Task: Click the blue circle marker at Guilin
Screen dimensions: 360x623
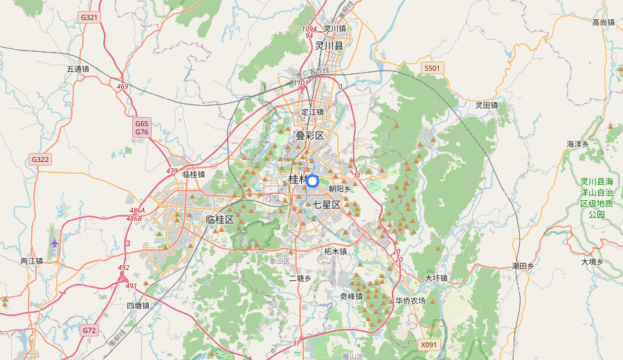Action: click(x=311, y=181)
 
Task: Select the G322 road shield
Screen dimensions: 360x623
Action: click(x=40, y=159)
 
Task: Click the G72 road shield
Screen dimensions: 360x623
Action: click(x=89, y=330)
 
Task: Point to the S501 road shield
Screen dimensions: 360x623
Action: click(x=432, y=68)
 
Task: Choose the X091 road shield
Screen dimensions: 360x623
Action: click(x=429, y=344)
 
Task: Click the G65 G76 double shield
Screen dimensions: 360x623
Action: click(x=142, y=127)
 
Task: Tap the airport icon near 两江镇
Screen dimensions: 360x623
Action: click(x=55, y=243)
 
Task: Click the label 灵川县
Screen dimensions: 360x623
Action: click(x=329, y=46)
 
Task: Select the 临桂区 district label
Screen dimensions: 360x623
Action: click(x=220, y=219)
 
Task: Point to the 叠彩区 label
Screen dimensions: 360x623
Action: click(x=309, y=136)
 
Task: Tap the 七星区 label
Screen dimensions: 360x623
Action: click(x=327, y=205)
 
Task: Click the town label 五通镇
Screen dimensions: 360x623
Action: click(x=78, y=69)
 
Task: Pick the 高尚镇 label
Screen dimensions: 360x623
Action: click(x=603, y=23)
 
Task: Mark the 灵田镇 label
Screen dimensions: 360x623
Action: click(x=487, y=105)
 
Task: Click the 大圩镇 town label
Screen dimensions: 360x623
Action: click(x=436, y=278)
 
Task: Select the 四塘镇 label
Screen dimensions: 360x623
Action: click(x=138, y=305)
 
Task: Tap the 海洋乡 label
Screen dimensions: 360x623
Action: click(x=577, y=144)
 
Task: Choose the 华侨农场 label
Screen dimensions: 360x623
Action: click(x=410, y=301)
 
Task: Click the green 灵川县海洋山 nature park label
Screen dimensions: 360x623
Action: click(x=596, y=198)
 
